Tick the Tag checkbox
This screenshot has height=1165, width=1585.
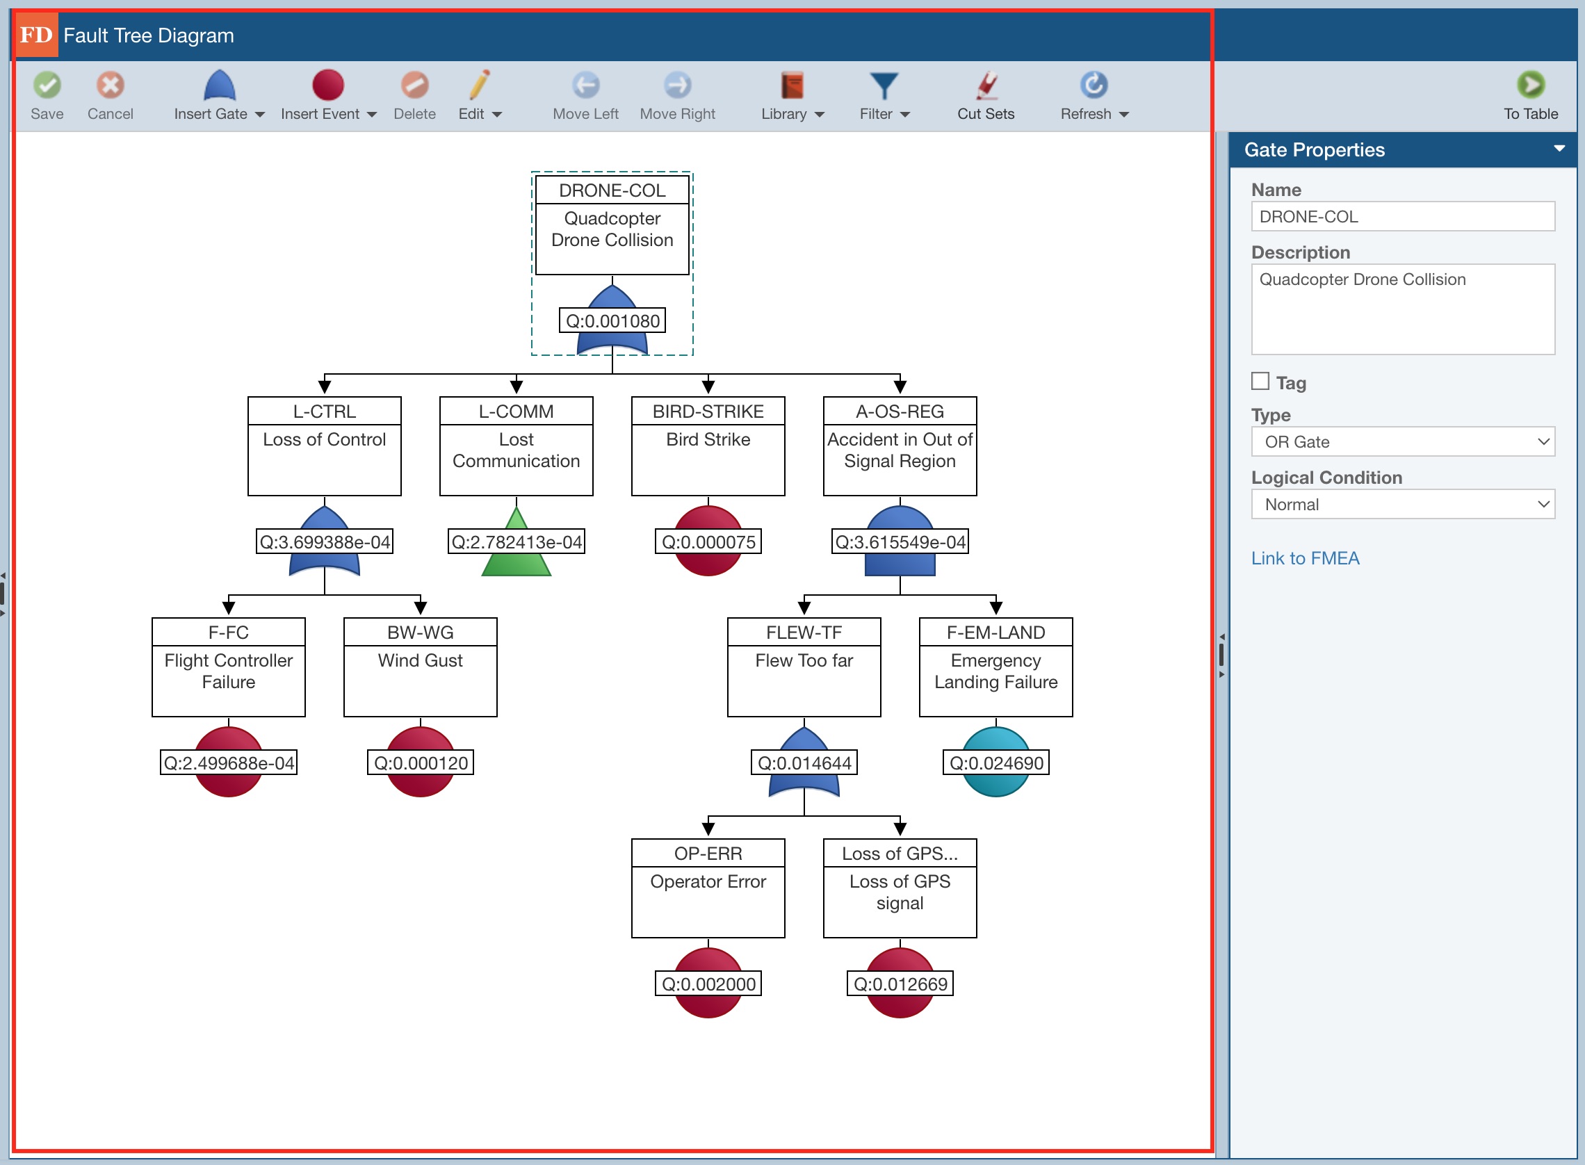[1260, 382]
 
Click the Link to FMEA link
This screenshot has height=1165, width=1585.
[1304, 559]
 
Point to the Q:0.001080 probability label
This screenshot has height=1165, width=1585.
[612, 322]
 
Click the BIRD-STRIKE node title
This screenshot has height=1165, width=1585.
[708, 412]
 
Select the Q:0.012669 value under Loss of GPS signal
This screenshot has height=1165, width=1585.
[900, 984]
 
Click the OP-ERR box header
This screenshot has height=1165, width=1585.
[708, 854]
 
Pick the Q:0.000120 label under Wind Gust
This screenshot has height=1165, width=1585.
[420, 763]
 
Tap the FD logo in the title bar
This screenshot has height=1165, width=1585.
[36, 35]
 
